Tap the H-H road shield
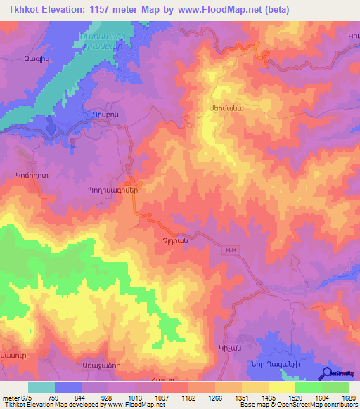(233, 249)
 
